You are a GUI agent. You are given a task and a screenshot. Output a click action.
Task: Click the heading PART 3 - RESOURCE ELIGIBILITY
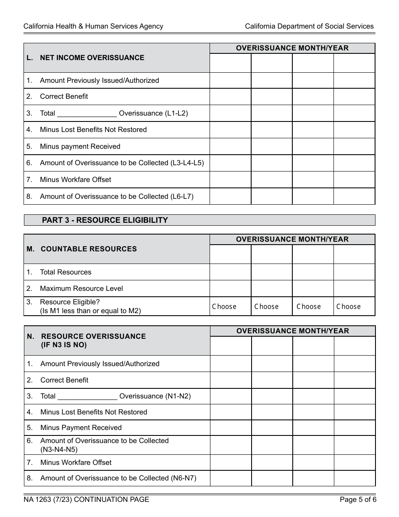click(105, 220)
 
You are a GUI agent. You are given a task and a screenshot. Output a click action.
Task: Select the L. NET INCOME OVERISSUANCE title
click(92, 58)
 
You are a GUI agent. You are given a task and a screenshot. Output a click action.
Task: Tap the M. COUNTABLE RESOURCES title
click(88, 249)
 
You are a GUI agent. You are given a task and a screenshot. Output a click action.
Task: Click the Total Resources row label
click(66, 272)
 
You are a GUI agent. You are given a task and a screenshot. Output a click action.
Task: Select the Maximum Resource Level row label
click(81, 288)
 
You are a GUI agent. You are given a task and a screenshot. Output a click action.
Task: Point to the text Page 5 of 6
click(358, 499)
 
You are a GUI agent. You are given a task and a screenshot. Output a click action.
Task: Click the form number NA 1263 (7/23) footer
click(86, 499)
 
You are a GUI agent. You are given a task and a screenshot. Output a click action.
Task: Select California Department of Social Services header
click(309, 26)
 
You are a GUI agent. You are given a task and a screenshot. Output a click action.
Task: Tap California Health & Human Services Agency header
click(93, 26)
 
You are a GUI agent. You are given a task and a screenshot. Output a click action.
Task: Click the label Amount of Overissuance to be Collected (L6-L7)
click(116, 196)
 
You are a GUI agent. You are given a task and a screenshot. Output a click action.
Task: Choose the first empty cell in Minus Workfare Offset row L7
click(230, 179)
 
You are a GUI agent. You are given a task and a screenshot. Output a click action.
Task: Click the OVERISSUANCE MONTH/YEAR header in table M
click(292, 239)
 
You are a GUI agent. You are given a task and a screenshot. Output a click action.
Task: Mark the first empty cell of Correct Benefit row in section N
click(231, 380)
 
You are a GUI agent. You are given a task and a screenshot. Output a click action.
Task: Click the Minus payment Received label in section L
click(80, 146)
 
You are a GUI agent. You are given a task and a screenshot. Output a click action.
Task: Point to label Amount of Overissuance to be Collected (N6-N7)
click(118, 478)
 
